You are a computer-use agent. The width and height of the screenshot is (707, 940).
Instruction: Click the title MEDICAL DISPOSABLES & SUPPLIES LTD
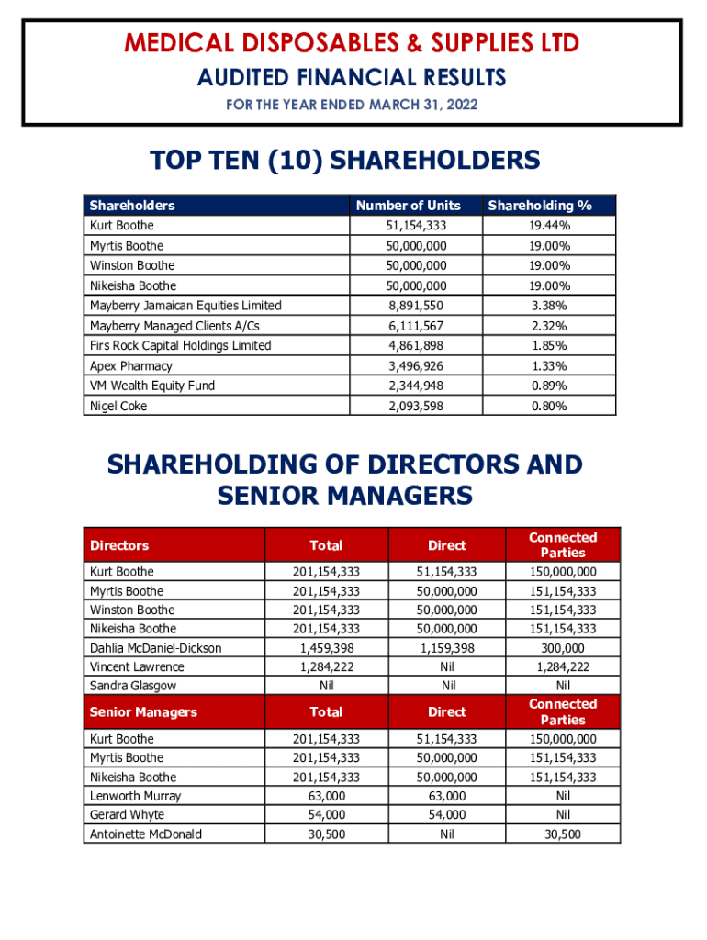click(x=352, y=43)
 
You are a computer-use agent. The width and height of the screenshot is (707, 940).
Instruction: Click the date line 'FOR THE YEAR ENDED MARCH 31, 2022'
click(x=352, y=106)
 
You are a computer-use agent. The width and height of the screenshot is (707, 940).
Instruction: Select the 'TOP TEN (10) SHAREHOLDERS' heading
click(x=344, y=162)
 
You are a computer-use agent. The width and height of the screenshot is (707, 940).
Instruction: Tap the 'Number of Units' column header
click(x=409, y=206)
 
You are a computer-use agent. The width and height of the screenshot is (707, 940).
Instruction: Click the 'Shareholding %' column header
click(x=540, y=206)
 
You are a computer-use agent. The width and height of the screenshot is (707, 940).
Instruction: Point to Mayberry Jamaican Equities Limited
click(x=185, y=306)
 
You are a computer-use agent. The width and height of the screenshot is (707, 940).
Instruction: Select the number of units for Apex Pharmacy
click(x=417, y=366)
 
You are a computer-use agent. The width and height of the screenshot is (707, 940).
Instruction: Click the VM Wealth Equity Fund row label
click(x=152, y=386)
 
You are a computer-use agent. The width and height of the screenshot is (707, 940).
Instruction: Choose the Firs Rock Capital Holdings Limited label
click(x=181, y=346)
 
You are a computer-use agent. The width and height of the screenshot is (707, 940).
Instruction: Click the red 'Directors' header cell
click(x=119, y=545)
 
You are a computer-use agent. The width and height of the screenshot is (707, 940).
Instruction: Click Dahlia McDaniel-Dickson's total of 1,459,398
click(x=326, y=648)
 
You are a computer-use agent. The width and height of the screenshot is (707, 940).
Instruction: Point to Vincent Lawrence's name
click(x=137, y=667)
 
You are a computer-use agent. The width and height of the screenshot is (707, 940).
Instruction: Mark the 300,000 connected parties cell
click(x=563, y=648)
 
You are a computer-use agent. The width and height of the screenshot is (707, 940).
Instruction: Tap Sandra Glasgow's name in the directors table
click(x=133, y=686)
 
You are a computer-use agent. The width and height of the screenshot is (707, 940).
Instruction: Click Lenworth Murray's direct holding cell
click(x=447, y=796)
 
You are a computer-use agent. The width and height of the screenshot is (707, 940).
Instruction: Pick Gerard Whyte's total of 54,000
click(x=326, y=815)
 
